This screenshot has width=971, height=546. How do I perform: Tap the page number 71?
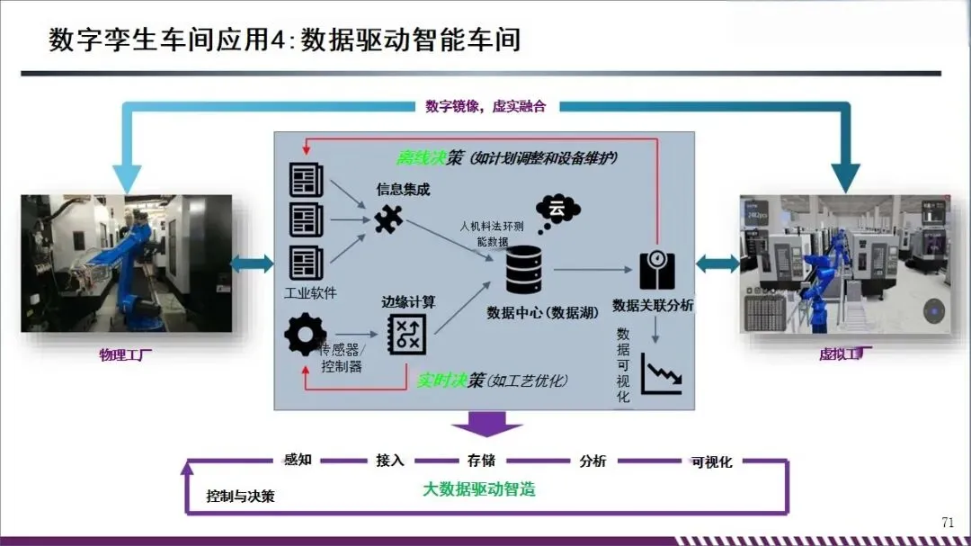(x=947, y=523)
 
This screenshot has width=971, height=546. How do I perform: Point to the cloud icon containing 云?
(x=557, y=210)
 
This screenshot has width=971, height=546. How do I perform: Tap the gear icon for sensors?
(x=306, y=336)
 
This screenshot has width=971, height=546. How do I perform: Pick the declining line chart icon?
(x=662, y=372)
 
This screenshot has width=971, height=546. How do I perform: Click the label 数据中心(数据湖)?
(x=532, y=312)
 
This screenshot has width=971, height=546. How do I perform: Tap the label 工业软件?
(x=310, y=293)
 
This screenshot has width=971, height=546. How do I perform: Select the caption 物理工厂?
(x=126, y=354)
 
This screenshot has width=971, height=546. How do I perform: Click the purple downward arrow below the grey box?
(x=486, y=424)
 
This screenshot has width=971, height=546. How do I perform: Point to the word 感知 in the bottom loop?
(x=298, y=460)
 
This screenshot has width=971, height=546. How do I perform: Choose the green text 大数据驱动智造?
(x=479, y=489)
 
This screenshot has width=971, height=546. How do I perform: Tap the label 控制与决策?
(x=240, y=496)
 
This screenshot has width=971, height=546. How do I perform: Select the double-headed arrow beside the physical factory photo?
(x=253, y=263)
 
